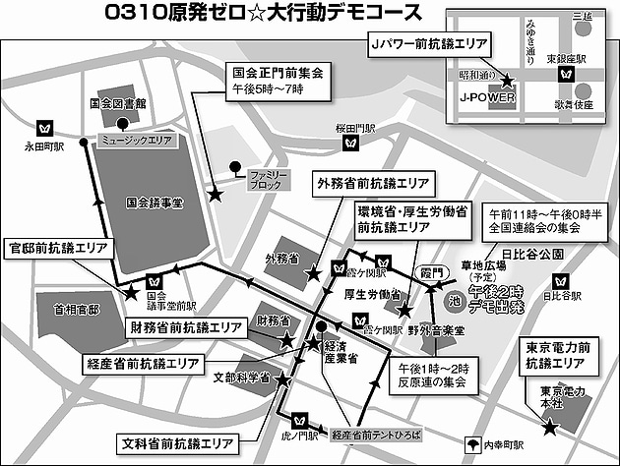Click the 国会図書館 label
pos(116,102)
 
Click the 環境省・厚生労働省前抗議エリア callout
pos(417,219)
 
